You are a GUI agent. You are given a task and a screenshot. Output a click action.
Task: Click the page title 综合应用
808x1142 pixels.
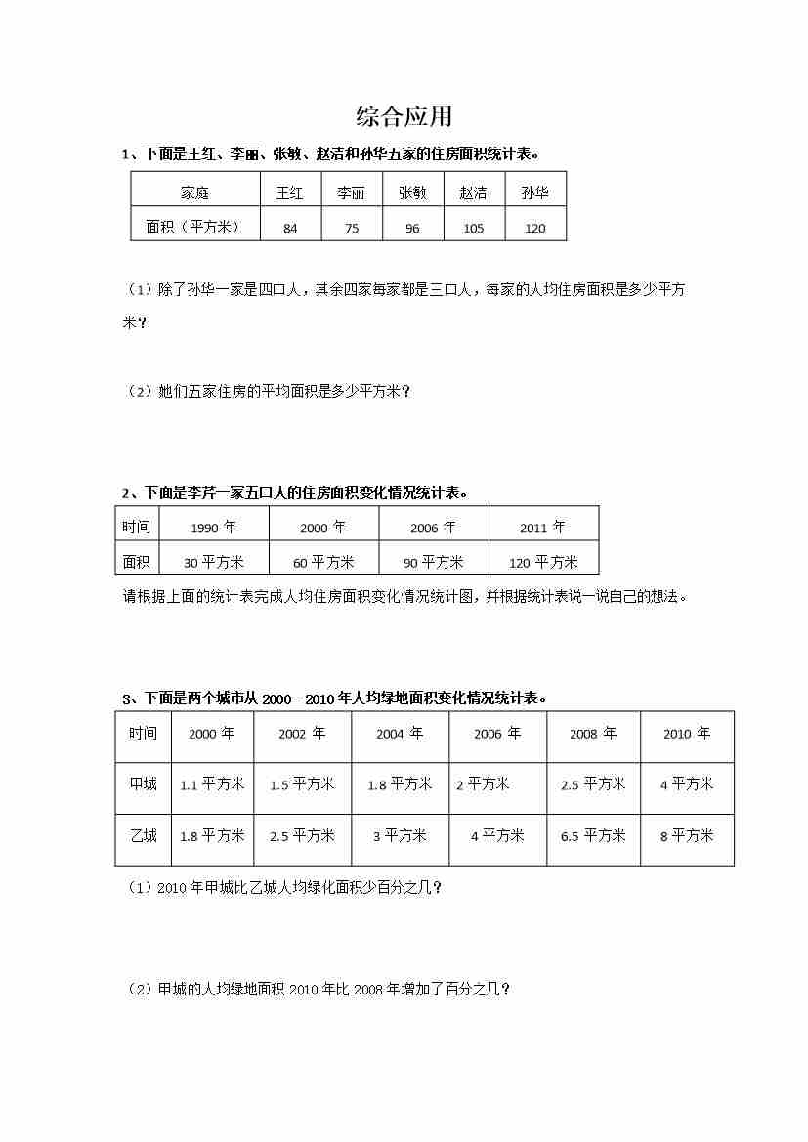tap(404, 117)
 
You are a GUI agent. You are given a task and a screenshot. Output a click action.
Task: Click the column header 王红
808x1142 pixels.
tap(290, 192)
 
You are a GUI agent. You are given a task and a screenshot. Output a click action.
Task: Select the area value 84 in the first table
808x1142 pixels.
tap(290, 228)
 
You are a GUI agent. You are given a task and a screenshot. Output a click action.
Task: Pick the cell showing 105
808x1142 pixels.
tap(473, 228)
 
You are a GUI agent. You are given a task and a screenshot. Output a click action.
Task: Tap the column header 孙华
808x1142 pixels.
tap(534, 192)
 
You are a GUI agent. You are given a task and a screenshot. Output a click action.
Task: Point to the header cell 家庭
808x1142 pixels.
tap(194, 192)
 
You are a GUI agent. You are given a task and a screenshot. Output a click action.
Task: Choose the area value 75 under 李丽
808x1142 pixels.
tap(351, 228)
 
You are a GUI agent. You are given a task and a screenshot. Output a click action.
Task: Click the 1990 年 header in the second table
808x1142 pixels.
tap(213, 528)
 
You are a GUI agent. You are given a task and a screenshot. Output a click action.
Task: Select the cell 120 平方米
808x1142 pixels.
tap(543, 562)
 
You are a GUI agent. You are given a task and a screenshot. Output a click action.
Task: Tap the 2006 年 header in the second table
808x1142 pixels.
tap(433, 528)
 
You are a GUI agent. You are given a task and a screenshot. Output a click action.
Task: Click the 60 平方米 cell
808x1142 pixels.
tap(323, 562)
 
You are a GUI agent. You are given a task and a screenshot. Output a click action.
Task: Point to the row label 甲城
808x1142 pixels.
tap(143, 783)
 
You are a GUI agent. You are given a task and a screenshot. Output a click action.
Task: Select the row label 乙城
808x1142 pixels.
tap(143, 836)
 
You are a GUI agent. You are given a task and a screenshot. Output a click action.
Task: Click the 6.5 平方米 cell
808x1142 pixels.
tap(593, 836)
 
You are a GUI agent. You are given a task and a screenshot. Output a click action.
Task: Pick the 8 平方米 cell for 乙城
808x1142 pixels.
tap(687, 836)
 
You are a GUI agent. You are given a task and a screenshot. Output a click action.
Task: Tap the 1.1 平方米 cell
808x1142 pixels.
tap(212, 783)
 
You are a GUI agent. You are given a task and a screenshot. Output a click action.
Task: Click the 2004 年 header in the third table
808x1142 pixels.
tap(400, 734)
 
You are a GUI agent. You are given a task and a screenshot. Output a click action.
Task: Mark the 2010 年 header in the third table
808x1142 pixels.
tap(687, 734)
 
